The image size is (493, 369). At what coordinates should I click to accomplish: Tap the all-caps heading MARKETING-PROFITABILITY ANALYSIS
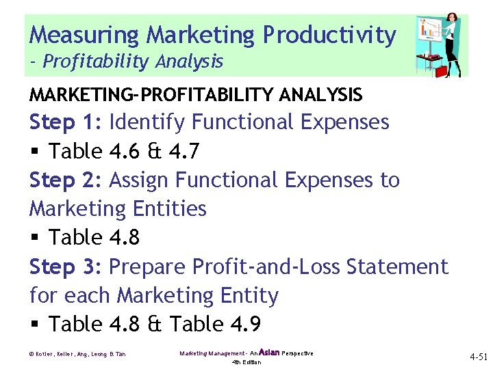tap(195, 94)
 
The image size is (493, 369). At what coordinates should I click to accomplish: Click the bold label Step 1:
tap(66, 122)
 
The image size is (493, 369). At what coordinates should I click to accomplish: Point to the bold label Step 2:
tap(66, 180)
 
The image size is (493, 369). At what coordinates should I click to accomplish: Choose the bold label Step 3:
tap(66, 266)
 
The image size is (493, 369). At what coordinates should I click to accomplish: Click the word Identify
tap(147, 122)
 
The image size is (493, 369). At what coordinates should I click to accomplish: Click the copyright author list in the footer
tap(77, 354)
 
